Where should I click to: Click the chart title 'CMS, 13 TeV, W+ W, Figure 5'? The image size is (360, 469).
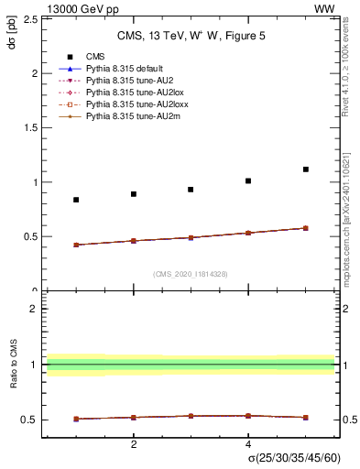click(190, 37)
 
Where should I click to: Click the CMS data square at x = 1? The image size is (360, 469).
click(76, 200)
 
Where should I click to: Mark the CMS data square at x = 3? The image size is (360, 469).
click(191, 190)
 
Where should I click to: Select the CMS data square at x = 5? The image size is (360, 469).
click(306, 169)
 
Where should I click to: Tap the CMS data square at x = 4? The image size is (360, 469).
click(248, 180)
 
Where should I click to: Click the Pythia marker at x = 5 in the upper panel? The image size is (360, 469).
click(306, 228)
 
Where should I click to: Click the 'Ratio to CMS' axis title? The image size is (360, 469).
click(13, 365)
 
